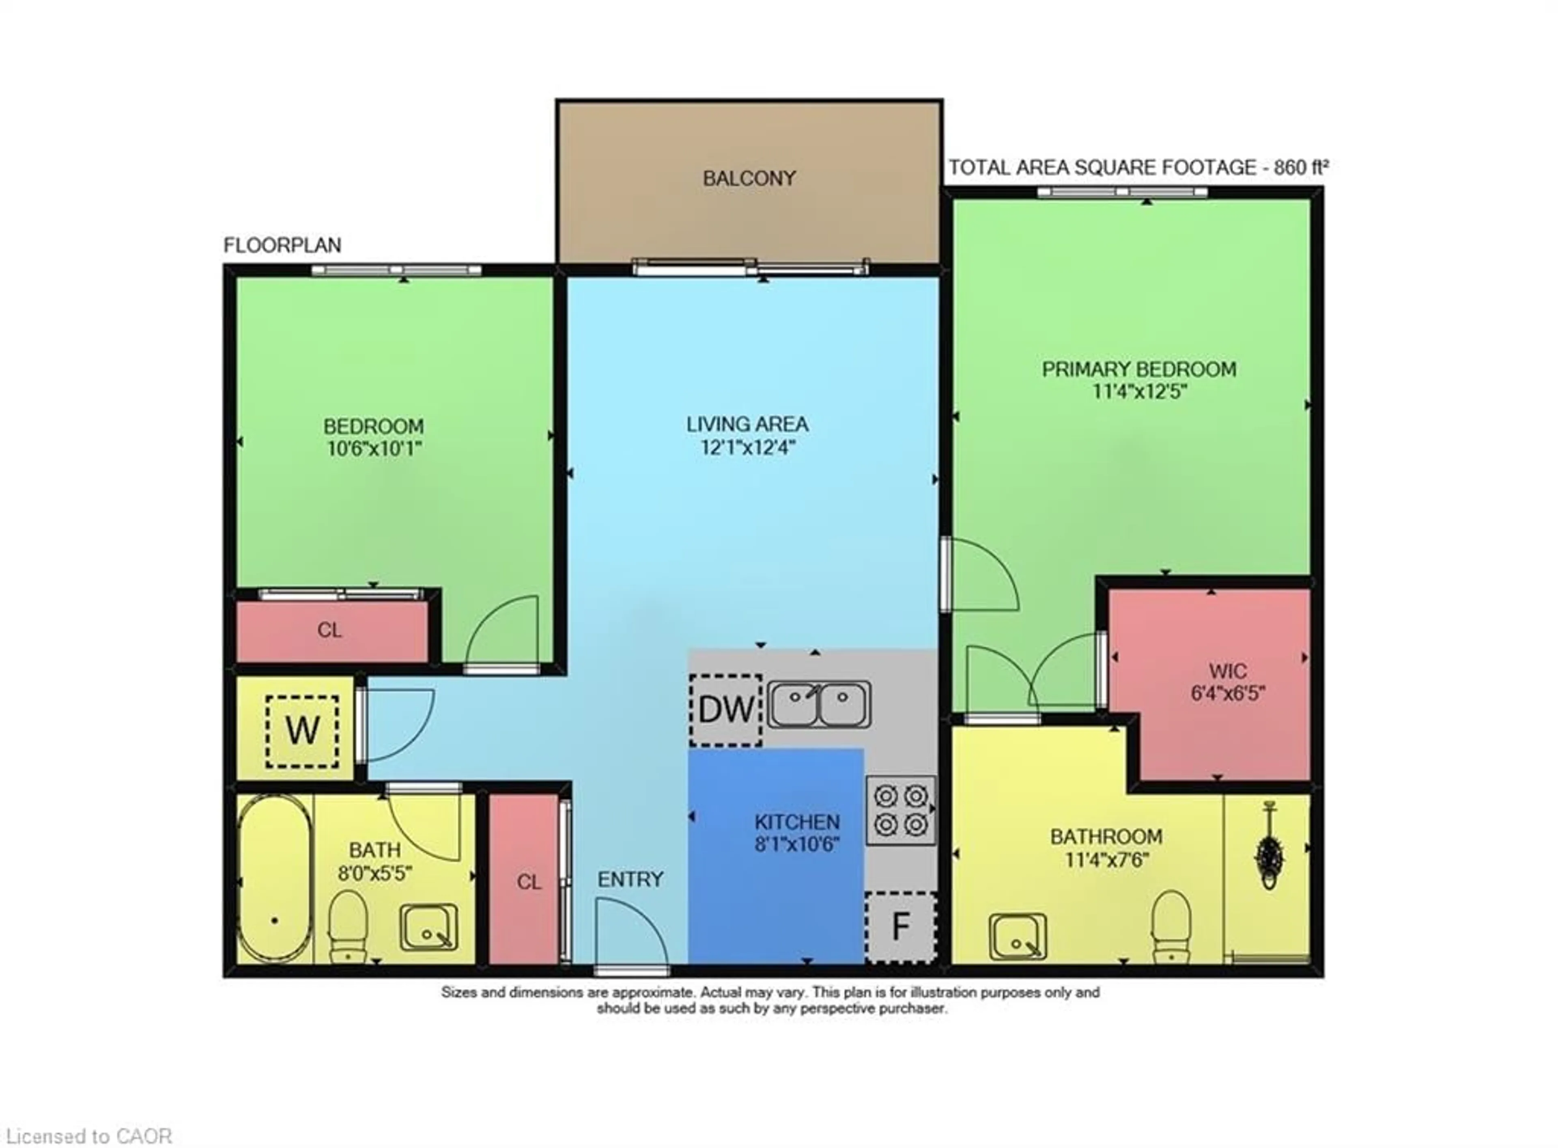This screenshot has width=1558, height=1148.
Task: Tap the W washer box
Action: (x=302, y=731)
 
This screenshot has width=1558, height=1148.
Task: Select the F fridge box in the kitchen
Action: (x=901, y=927)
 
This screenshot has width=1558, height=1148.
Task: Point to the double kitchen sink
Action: (x=818, y=704)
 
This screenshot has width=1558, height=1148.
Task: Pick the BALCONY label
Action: (x=749, y=179)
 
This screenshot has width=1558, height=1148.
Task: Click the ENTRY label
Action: (x=630, y=880)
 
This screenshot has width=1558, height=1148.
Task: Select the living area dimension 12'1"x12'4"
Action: (x=747, y=447)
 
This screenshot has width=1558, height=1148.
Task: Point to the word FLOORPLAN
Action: (x=282, y=245)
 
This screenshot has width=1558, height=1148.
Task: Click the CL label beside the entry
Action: (x=529, y=882)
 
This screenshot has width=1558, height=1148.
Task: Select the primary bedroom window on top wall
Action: (x=1122, y=192)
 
